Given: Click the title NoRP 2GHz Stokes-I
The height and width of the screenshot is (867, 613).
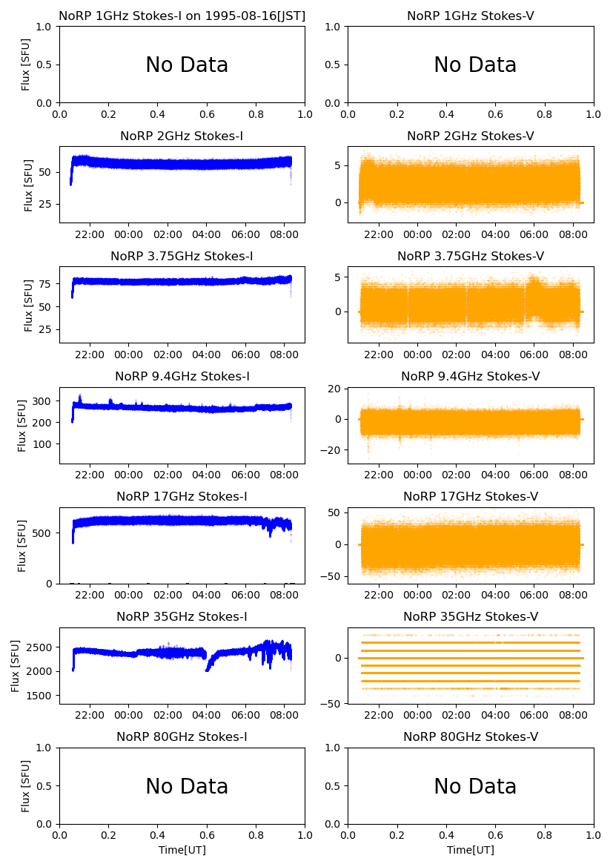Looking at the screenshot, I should pyautogui.click(x=182, y=136).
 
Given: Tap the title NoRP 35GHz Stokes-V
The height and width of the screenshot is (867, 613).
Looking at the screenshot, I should pyautogui.click(x=471, y=616).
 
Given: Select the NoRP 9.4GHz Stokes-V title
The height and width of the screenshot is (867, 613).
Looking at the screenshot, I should pyautogui.click(x=471, y=376).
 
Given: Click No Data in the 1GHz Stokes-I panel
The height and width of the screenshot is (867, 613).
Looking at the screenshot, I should pyautogui.click(x=187, y=65).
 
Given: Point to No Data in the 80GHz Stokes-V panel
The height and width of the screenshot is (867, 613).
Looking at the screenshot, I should pyautogui.click(x=475, y=786).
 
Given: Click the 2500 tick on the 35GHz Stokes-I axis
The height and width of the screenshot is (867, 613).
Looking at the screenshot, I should pyautogui.click(x=42, y=647).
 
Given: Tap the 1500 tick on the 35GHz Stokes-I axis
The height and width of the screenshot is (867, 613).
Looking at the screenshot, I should pyautogui.click(x=42, y=696).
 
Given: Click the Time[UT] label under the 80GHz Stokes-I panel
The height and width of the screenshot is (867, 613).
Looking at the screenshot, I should pyautogui.click(x=182, y=850).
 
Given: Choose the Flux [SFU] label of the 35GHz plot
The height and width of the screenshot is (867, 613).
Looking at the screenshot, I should pyautogui.click(x=16, y=665).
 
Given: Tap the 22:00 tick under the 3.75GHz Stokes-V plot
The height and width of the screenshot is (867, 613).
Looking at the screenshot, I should pyautogui.click(x=380, y=355).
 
